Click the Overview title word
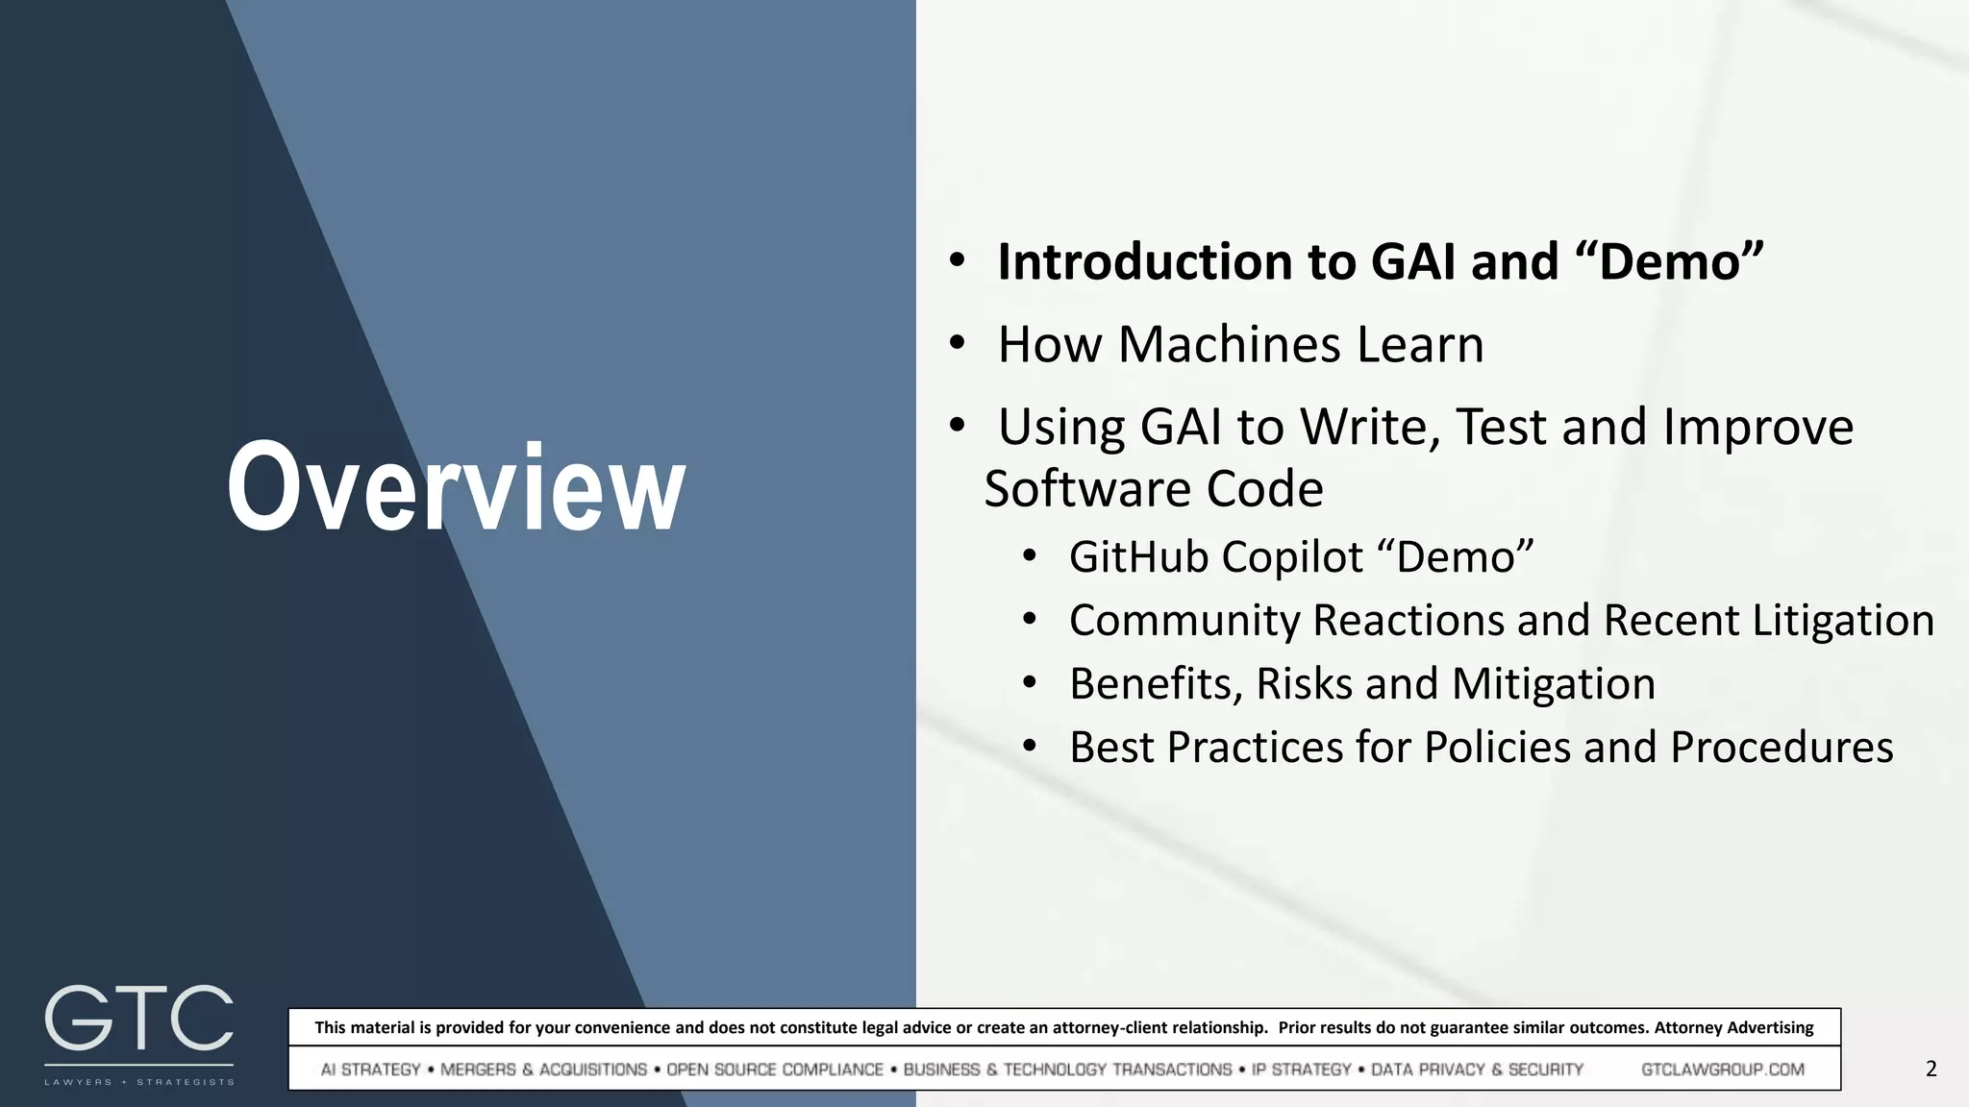[456, 488]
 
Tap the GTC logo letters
[138, 1020]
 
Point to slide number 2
[1931, 1069]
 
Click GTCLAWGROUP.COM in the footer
[1722, 1070]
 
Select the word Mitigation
[1553, 684]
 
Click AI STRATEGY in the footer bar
[370, 1070]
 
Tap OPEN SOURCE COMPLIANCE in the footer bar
[774, 1070]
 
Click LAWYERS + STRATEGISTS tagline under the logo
[138, 1082]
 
